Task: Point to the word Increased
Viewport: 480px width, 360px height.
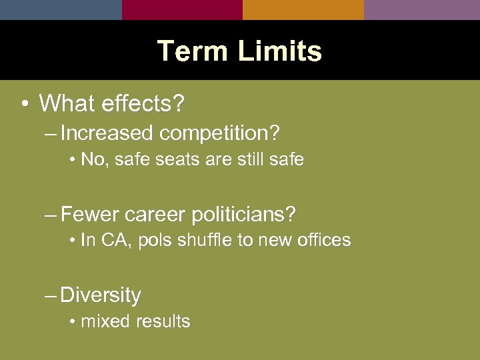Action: pyautogui.click(x=106, y=133)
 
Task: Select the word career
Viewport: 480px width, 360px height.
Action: pyautogui.click(x=155, y=215)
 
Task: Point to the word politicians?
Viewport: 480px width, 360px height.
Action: pyautogui.click(x=243, y=215)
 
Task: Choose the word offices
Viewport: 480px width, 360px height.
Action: pyautogui.click(x=323, y=241)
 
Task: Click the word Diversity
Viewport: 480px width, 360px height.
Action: pyautogui.click(x=101, y=295)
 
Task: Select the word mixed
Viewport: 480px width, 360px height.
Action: pyautogui.click(x=105, y=321)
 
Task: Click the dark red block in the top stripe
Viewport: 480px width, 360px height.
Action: pyautogui.click(x=182, y=9)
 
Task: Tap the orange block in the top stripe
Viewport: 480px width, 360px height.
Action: pyautogui.click(x=303, y=9)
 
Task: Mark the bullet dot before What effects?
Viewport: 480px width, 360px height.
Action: pyautogui.click(x=24, y=105)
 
